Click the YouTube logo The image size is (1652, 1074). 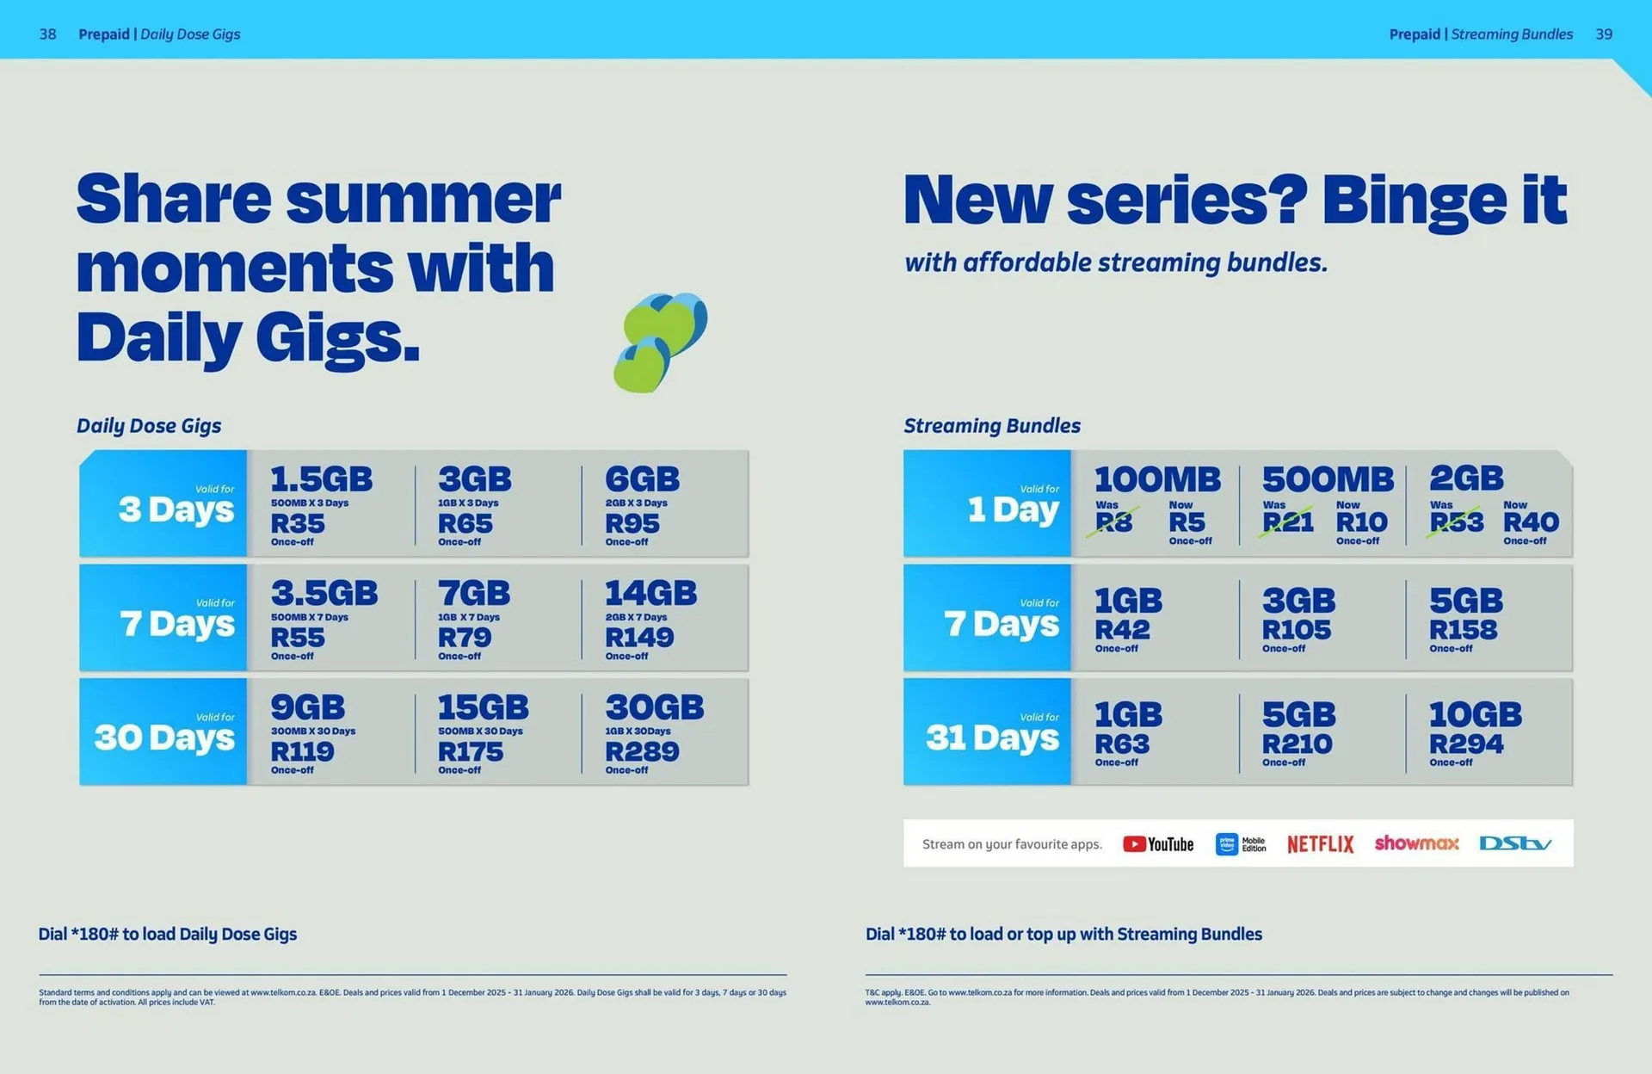click(x=1157, y=844)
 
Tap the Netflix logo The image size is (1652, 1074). click(x=1320, y=844)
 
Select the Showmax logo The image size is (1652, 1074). click(x=1416, y=843)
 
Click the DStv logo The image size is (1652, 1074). click(x=1515, y=843)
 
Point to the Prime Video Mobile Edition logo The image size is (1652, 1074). click(x=1240, y=844)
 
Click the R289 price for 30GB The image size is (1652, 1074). click(x=642, y=751)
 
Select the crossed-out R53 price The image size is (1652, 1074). click(x=1456, y=522)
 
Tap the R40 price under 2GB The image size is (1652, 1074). click(x=1531, y=522)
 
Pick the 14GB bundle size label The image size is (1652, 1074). click(x=650, y=593)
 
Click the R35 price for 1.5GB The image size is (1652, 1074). click(x=298, y=523)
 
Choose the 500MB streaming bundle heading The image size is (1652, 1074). click(x=1327, y=479)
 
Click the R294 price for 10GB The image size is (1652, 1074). click(x=1466, y=744)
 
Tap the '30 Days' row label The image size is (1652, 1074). click(x=164, y=738)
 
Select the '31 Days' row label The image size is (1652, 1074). click(x=992, y=738)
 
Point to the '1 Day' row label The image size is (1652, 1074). click(x=1013, y=509)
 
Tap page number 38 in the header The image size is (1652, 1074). click(x=48, y=34)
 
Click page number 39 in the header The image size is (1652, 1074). click(x=1604, y=34)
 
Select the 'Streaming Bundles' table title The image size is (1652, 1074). click(x=991, y=426)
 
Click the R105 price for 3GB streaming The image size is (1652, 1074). click(x=1296, y=630)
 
